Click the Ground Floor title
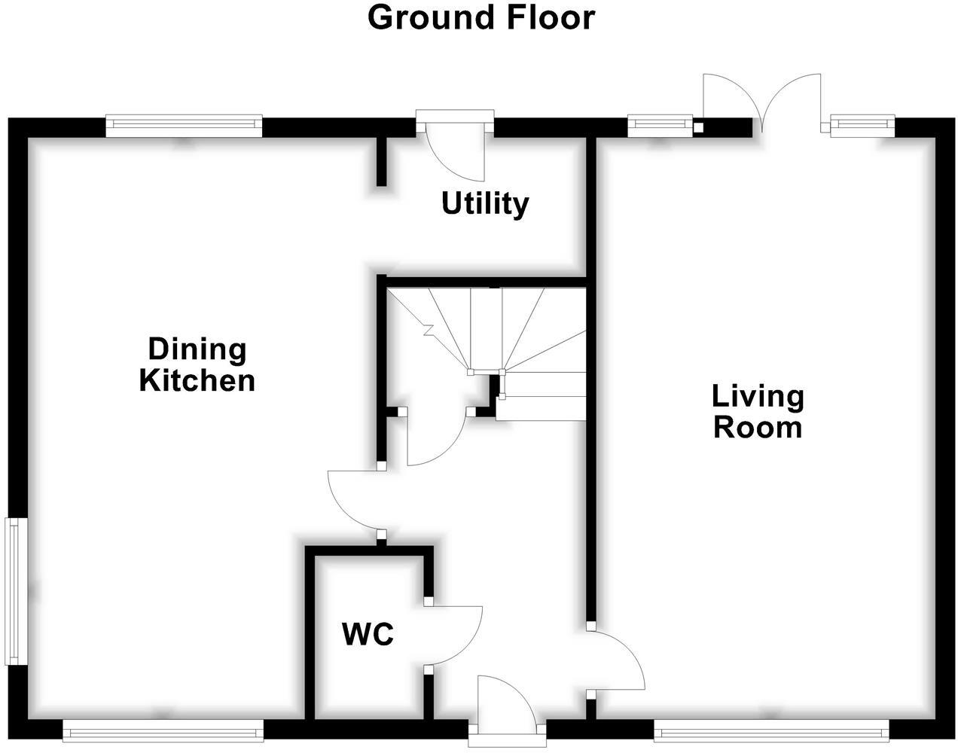481,19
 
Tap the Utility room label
485,204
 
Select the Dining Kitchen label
197,365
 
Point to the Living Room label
758,412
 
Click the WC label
368,634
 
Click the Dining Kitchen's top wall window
184,126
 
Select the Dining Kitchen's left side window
16,591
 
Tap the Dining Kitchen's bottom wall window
163,731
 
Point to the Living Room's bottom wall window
771,731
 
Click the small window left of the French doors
661,126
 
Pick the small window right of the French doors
862,126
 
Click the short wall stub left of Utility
382,162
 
